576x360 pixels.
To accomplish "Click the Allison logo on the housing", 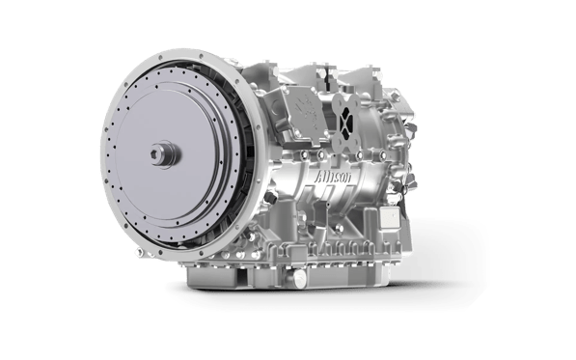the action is [x=333, y=177].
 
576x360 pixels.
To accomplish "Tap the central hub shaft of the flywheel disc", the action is [x=166, y=154].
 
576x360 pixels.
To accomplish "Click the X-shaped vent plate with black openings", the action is [x=345, y=120].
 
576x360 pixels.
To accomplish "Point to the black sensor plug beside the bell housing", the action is [x=272, y=198].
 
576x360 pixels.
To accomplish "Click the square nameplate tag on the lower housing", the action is [x=390, y=217].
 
